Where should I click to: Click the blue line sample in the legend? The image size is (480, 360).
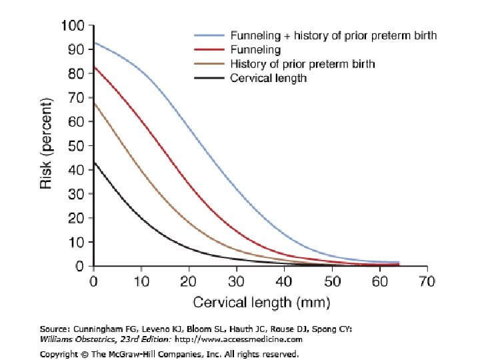pyautogui.click(x=209, y=35)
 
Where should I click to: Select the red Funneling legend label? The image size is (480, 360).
pyautogui.click(x=255, y=49)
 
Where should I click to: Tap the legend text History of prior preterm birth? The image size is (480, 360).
pyautogui.click(x=303, y=64)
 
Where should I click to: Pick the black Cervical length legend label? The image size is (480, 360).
pyautogui.click(x=268, y=78)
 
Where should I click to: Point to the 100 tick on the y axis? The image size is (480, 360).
pyautogui.click(x=73, y=25)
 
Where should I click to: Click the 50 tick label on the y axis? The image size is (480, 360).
pyautogui.click(x=76, y=146)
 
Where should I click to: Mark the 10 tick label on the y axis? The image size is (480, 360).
pyautogui.click(x=76, y=242)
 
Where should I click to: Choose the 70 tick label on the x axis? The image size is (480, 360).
pyautogui.click(x=427, y=281)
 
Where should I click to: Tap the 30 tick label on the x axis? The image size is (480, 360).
pyautogui.click(x=236, y=281)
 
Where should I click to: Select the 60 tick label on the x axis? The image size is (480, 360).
pyautogui.click(x=379, y=281)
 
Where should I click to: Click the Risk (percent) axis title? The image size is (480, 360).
pyautogui.click(x=46, y=143)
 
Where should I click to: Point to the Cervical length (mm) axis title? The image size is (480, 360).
pyautogui.click(x=262, y=303)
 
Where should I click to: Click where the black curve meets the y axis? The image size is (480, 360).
pyautogui.click(x=94, y=162)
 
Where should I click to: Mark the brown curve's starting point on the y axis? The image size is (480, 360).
pyautogui.click(x=94, y=103)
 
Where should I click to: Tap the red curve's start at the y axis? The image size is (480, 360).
pyautogui.click(x=94, y=67)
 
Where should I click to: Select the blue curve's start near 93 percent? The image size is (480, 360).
pyautogui.click(x=94, y=43)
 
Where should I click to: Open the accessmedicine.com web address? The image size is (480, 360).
pyautogui.click(x=239, y=339)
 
